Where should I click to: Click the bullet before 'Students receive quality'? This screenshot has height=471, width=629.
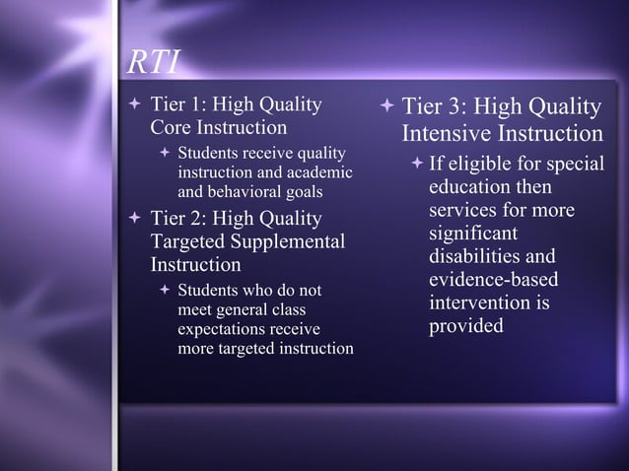[x=165, y=154]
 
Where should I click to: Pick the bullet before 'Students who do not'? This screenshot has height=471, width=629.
[x=165, y=291]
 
